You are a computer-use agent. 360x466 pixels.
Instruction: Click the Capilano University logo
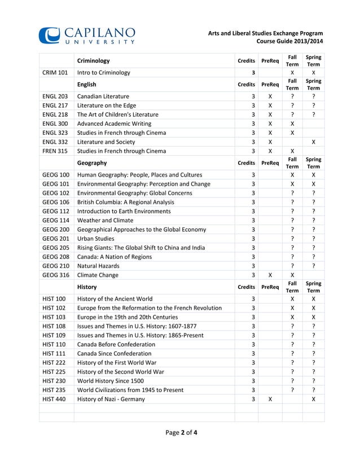87,34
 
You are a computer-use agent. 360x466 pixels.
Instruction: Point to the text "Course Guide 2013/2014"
290,42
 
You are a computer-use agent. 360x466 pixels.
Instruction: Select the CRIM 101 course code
55,72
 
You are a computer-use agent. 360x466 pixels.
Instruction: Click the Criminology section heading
93,60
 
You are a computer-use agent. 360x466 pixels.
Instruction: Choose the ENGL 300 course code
55,123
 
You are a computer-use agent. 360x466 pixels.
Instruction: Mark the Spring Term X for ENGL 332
313,142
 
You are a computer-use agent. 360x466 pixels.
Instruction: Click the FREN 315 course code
55,151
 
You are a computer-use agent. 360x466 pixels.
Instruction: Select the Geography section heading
92,162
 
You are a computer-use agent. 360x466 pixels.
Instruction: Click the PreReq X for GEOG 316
270,275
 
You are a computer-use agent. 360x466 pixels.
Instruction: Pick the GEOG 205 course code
56,248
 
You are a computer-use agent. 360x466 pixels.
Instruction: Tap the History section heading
86,287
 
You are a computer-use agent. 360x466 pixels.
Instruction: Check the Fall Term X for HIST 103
292,317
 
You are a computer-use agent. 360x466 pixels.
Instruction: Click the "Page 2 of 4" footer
181,433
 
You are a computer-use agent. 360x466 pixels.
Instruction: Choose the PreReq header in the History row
270,287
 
